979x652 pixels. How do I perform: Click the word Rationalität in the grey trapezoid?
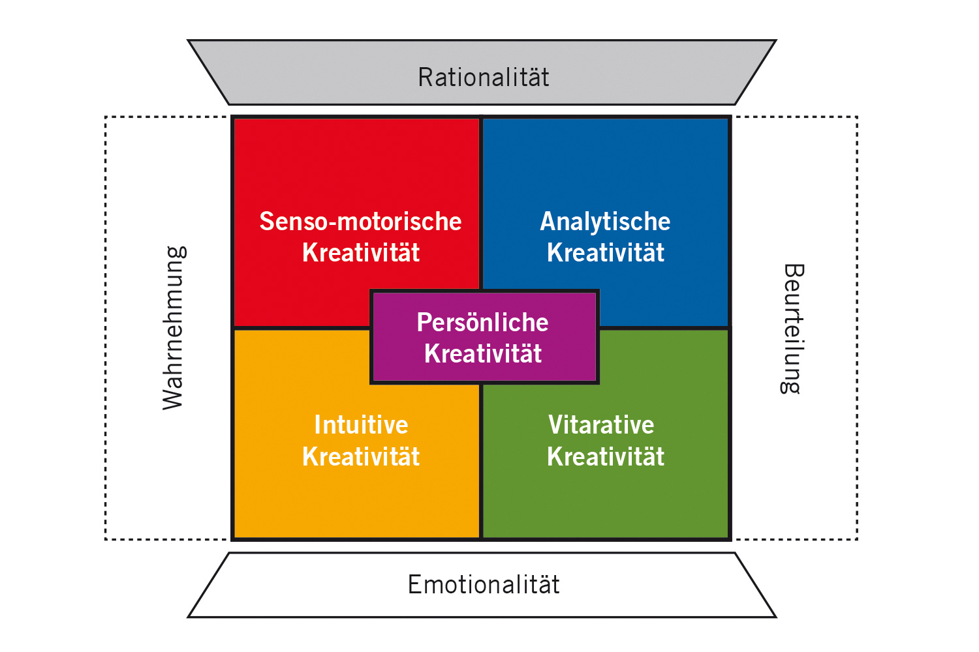click(x=483, y=78)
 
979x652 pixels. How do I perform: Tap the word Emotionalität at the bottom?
click(x=484, y=584)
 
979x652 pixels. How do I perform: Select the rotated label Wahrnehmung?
click(x=174, y=328)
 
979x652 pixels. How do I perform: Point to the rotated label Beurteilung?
click(x=792, y=329)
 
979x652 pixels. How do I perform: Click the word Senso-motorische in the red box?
click(x=360, y=221)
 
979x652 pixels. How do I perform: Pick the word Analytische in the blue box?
click(x=605, y=222)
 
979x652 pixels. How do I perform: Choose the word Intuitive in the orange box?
click(x=361, y=424)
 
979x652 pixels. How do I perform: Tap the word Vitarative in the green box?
click(x=601, y=424)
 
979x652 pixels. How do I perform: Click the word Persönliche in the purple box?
click(x=482, y=322)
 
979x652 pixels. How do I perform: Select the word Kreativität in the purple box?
click(x=483, y=353)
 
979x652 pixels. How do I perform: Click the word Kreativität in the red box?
click(x=361, y=252)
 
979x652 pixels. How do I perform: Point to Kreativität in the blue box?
click(x=606, y=252)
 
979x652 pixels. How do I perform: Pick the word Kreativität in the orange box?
click(x=361, y=456)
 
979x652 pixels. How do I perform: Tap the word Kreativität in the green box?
click(x=606, y=456)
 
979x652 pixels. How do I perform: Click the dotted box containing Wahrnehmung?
click(x=105, y=328)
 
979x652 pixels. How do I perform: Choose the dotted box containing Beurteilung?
click(x=857, y=328)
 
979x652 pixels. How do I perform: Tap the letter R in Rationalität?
click(x=426, y=78)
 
